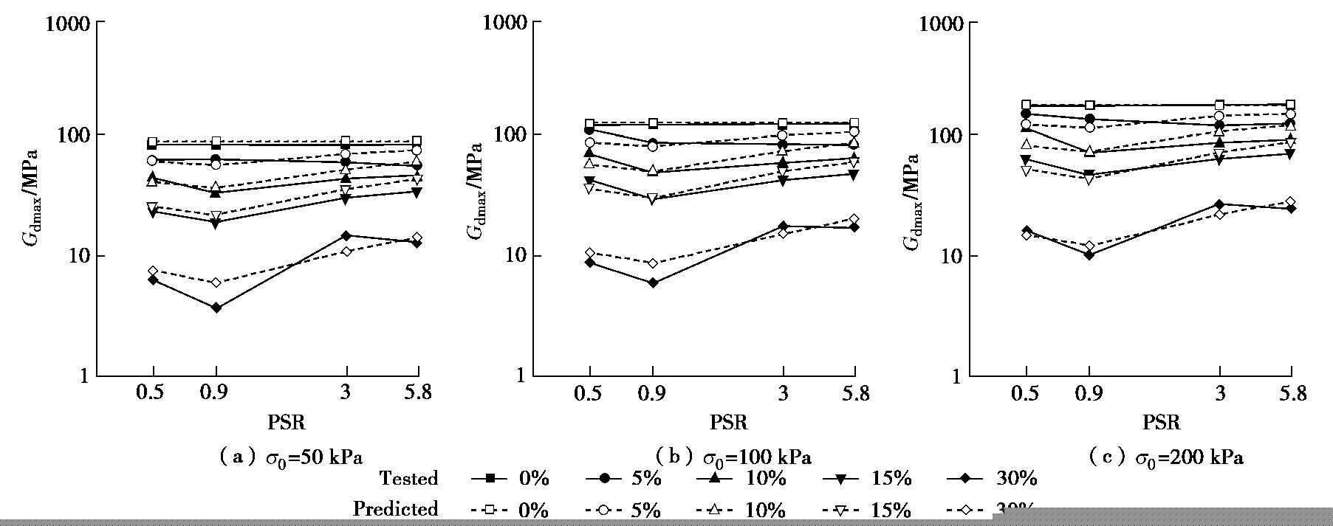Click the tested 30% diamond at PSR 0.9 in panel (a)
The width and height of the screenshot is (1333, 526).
[216, 308]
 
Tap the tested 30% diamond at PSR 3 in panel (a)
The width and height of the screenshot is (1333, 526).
[346, 236]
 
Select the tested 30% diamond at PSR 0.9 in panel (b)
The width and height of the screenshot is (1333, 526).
[652, 283]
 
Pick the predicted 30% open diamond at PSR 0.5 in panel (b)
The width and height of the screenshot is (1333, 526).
[589, 252]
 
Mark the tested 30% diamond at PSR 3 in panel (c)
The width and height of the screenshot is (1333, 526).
[1219, 204]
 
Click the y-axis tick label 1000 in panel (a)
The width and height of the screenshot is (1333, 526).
[68, 23]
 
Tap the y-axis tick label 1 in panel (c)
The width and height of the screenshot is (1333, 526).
[957, 376]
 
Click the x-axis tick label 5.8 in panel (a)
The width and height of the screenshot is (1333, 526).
[417, 394]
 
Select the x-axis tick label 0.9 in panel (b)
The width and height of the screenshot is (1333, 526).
[652, 394]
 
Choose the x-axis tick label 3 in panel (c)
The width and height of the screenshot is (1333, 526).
[1219, 394]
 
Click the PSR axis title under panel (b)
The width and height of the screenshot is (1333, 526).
[729, 423]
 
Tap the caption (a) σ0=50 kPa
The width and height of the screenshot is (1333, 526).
[291, 457]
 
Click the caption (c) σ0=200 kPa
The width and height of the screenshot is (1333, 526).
[1166, 457]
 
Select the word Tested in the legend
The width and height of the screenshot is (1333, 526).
[408, 479]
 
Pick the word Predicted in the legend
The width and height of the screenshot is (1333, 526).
[395, 509]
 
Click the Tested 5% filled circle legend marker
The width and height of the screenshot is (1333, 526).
[605, 479]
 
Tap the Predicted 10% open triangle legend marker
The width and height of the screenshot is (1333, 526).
[716, 509]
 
